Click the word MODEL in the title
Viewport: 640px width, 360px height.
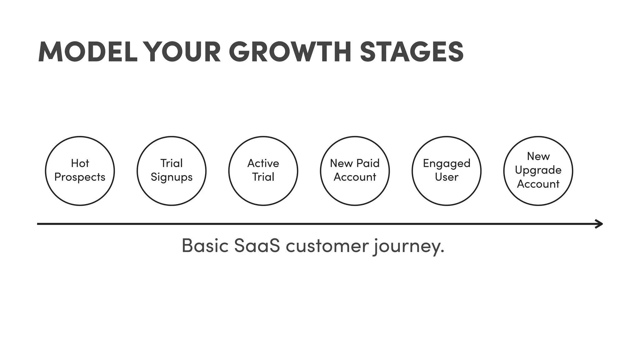88,52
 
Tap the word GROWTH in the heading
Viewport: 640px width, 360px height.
290,52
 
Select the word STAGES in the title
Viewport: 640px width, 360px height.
412,52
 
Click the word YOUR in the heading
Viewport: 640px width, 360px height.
183,52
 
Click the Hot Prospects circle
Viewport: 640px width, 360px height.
80,171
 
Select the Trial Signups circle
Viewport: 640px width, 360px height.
172,171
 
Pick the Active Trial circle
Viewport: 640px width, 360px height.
263,171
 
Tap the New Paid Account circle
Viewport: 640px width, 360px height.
355,171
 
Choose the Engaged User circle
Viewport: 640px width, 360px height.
447,171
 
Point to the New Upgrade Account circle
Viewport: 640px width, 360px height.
538,171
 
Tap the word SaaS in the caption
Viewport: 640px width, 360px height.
257,246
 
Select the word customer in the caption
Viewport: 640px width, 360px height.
327,246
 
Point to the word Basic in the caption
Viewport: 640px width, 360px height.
205,246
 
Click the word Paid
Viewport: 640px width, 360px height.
368,163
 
